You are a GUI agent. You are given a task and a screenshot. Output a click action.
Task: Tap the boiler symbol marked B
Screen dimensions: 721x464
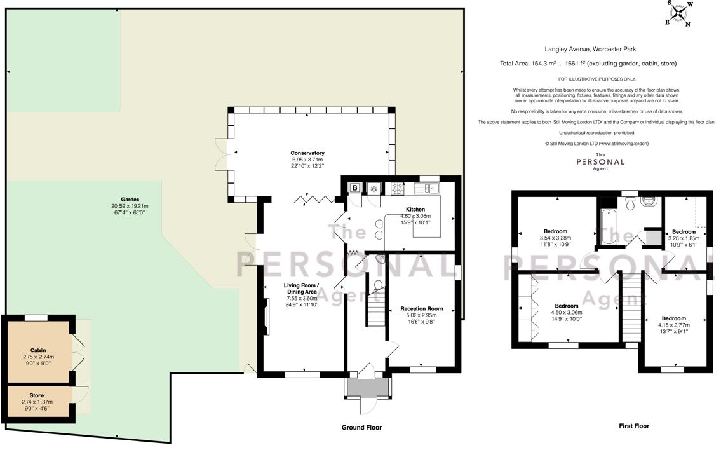coord(355,188)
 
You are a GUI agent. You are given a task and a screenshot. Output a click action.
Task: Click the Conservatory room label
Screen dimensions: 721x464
coord(307,153)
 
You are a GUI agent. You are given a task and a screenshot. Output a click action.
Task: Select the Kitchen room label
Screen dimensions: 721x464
coord(415,210)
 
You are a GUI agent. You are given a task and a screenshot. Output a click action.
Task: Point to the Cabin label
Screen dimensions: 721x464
coord(38,350)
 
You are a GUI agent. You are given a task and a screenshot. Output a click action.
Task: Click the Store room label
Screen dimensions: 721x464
coord(37,395)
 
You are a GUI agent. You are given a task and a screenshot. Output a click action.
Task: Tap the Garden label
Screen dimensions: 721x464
coord(130,200)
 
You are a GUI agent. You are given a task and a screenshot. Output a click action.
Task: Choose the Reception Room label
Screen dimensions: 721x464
coord(422,309)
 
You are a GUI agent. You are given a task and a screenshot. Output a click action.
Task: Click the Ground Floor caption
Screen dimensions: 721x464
coord(361,428)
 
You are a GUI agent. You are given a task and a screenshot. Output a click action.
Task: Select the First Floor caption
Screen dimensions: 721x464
coord(634,426)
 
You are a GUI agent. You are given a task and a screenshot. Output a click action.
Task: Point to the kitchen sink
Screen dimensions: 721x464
coord(427,188)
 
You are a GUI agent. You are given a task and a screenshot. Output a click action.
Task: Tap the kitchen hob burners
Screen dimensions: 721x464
coord(398,188)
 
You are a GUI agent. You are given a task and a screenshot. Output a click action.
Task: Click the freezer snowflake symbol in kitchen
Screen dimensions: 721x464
coord(374,188)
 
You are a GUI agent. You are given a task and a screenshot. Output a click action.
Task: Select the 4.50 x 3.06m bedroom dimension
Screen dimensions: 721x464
coord(567,313)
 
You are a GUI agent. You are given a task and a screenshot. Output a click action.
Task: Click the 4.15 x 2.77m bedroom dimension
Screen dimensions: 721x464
coord(673,325)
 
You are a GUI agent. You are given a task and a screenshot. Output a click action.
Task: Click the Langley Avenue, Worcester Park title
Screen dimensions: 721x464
coord(590,49)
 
